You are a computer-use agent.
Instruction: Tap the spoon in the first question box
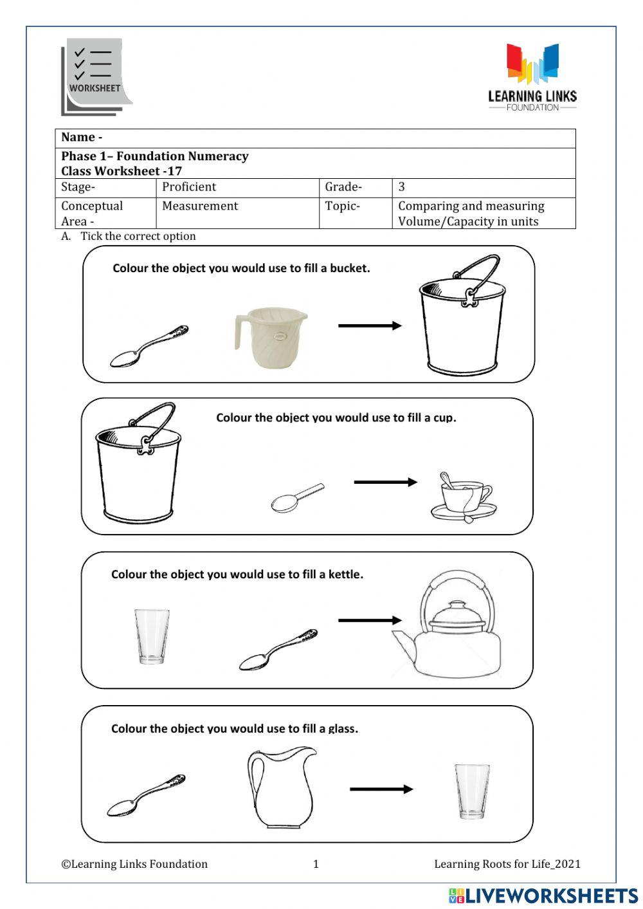[x=149, y=346]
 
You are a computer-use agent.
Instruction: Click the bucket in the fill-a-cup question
[x=138, y=464]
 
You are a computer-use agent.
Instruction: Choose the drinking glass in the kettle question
[x=152, y=636]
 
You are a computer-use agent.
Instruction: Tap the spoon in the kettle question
[x=278, y=650]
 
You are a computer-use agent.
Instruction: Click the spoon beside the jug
[x=146, y=796]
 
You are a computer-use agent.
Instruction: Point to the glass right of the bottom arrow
[x=472, y=791]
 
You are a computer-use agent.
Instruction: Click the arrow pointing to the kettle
[x=370, y=620]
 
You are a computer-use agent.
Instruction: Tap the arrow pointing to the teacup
[x=385, y=482]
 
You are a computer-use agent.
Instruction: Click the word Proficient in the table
[x=189, y=187]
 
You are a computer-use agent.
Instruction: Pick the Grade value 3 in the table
[x=402, y=187]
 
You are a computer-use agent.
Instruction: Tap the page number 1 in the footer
[x=316, y=864]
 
